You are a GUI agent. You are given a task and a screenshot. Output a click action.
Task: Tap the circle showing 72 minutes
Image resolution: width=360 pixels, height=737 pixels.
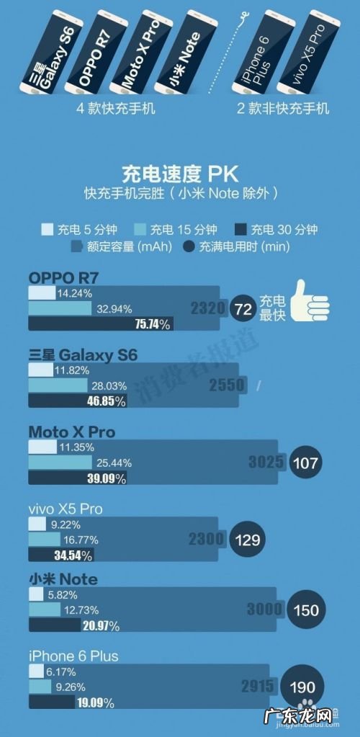tap(243, 309)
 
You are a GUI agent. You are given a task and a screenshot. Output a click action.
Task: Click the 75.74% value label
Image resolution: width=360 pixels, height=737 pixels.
tap(153, 325)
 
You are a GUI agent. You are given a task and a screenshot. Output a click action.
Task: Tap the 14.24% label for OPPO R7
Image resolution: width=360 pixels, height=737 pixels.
tap(74, 294)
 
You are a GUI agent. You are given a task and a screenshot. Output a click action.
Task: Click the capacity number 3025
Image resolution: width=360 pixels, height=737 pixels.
tap(267, 462)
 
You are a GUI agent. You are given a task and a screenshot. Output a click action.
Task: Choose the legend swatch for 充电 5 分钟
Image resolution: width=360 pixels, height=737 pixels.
tap(47, 230)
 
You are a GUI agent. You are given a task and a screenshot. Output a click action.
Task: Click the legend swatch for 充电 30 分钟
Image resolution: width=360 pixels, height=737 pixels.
tap(242, 230)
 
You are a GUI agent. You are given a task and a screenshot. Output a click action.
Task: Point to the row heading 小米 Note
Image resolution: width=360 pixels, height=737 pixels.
tap(63, 579)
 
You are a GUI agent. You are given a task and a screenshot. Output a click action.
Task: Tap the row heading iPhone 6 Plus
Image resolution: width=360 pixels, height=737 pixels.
tap(73, 656)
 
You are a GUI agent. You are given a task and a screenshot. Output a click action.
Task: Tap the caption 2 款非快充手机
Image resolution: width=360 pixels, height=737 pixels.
tap(283, 109)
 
